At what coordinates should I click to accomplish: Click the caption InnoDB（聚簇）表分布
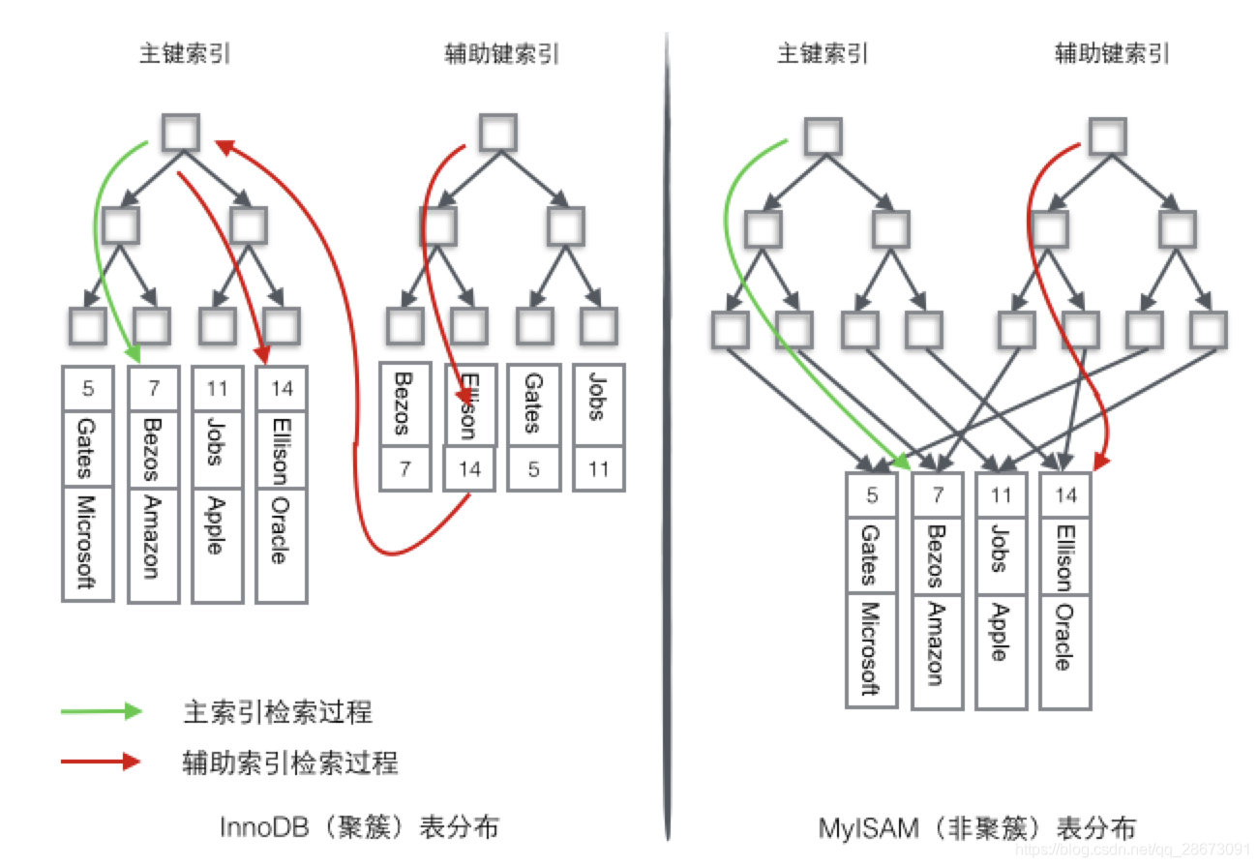point(360,828)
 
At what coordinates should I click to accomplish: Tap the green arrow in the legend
point(102,712)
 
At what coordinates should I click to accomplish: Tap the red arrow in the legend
point(102,762)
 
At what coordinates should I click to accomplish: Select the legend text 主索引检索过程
point(278,713)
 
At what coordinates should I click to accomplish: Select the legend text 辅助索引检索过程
point(290,762)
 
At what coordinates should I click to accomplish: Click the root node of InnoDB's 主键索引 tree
point(181,133)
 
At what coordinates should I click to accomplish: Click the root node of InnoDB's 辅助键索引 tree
point(498,133)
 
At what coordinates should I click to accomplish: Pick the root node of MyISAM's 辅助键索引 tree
point(1107,136)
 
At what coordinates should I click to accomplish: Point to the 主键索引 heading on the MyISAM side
point(823,54)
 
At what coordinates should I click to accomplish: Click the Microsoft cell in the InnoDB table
point(88,544)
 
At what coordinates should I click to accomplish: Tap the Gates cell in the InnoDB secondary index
point(533,404)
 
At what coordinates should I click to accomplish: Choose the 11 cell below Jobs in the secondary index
point(598,470)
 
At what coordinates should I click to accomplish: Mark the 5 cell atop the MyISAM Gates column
point(872,496)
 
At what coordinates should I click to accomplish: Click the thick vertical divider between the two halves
point(668,435)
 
